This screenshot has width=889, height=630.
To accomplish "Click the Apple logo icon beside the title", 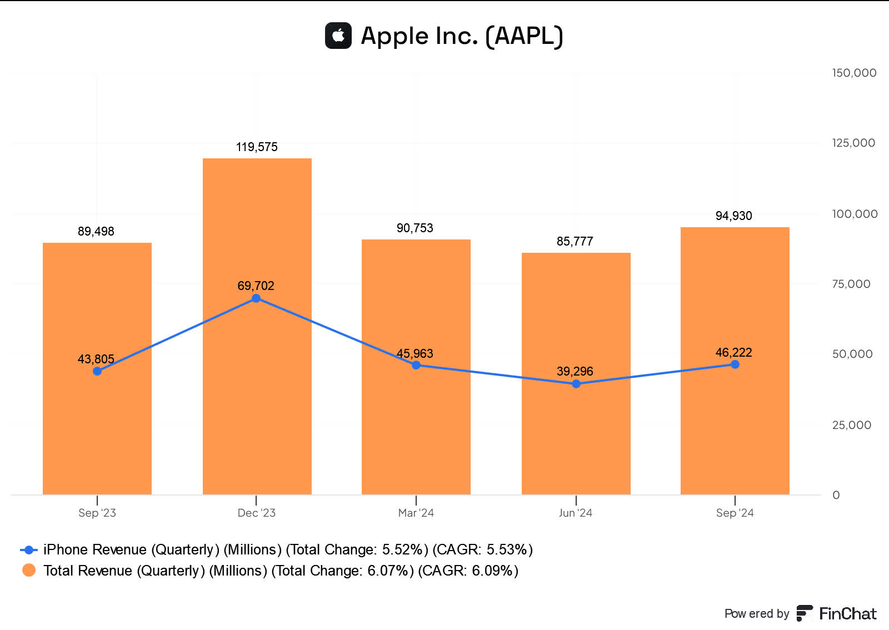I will coord(338,36).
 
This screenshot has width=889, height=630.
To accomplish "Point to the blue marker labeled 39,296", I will coord(576,384).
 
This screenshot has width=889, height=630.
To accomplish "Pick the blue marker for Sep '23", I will coord(97,371).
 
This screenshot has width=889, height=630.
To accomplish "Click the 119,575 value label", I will coord(257,147).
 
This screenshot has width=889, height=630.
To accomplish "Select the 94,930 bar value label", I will coord(733,216).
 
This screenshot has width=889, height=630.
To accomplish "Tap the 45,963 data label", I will coord(414,354).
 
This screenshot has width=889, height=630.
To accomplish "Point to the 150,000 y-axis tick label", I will coord(854,73).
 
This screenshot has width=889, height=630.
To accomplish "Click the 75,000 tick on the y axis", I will coord(851,284).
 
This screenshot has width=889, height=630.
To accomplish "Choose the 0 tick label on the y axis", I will coord(836,495).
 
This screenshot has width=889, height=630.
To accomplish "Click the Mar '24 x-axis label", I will coord(416,513).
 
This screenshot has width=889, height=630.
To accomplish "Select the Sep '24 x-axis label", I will coord(735,513).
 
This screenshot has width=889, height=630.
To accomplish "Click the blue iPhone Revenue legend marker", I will coord(29,550).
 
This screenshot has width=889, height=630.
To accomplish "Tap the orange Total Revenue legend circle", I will coord(29,571).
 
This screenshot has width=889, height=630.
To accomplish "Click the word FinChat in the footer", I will coord(847,614).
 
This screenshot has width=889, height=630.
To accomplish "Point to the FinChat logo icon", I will coord(804,613).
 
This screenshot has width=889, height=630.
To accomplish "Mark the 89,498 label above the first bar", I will coord(96,232).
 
